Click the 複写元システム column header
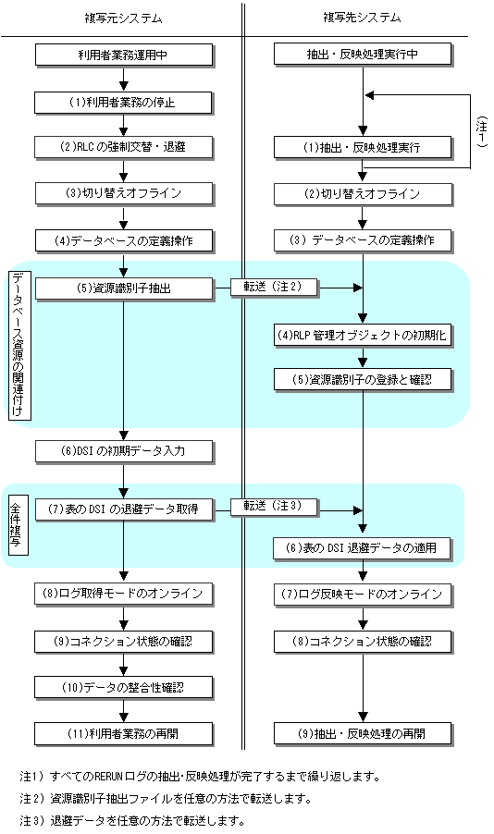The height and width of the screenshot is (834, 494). click(x=123, y=18)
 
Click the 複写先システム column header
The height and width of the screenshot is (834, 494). click(x=362, y=18)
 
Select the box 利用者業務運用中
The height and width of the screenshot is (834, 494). click(x=124, y=55)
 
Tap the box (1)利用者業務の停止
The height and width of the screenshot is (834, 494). click(x=124, y=103)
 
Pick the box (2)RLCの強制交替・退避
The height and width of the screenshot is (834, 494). click(x=124, y=147)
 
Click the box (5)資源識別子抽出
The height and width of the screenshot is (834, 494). click(x=125, y=288)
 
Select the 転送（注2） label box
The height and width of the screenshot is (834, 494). click(x=274, y=288)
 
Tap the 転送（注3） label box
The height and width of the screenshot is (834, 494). click(x=274, y=507)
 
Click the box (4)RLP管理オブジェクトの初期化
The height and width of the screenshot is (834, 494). click(x=363, y=336)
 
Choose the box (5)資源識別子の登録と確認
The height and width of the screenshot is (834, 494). click(x=363, y=380)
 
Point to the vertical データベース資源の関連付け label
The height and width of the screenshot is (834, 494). click(x=19, y=346)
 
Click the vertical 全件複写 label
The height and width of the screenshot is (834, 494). click(x=19, y=524)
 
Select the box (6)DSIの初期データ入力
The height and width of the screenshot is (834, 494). click(x=125, y=451)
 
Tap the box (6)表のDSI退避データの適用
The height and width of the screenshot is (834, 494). click(x=362, y=548)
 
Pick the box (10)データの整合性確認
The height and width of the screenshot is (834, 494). click(x=124, y=687)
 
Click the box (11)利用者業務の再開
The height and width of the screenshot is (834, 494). click(x=124, y=734)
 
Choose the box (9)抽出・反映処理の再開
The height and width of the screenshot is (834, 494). click(x=363, y=734)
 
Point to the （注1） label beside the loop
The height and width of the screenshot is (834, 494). click(x=482, y=131)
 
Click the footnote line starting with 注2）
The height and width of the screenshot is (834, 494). click(x=166, y=798)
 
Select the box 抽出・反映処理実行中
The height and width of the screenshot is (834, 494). click(x=363, y=55)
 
